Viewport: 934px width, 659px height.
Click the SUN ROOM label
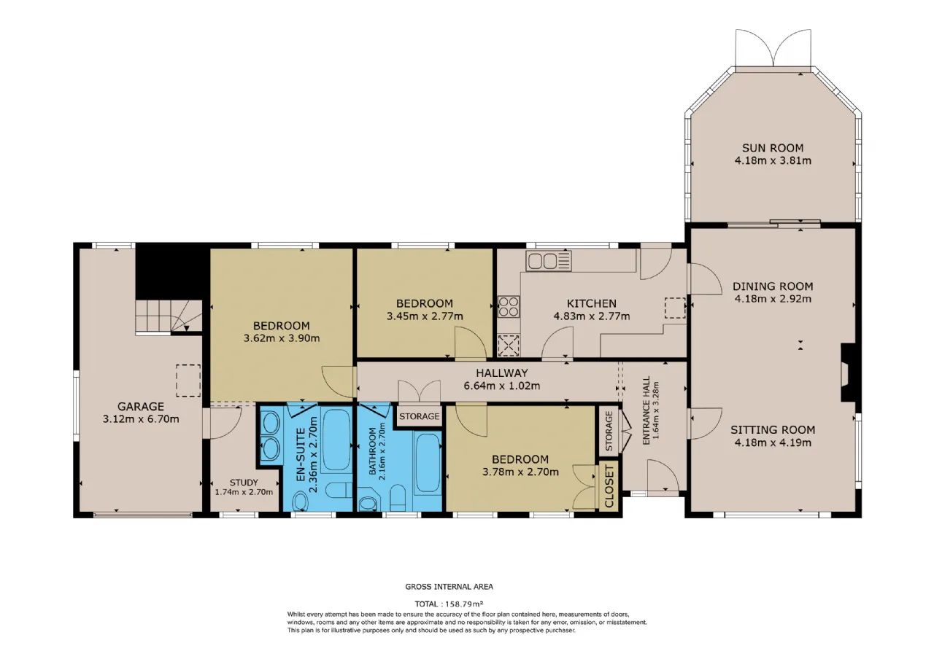pos(773,148)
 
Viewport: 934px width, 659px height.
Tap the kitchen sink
pos(548,261)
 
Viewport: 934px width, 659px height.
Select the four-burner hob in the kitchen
pos(509,307)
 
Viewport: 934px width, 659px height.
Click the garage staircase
pos(169,316)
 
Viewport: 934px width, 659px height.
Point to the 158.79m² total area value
pos(464,604)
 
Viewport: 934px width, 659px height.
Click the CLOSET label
pos(609,486)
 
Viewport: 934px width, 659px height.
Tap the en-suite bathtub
pos(336,440)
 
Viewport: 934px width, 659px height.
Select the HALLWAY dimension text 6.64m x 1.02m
pos(501,386)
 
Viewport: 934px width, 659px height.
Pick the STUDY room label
pos(244,483)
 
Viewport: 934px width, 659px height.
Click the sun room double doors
pos(773,48)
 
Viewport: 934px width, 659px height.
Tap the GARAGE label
pos(141,406)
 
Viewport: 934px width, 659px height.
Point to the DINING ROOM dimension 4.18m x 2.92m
pos(773,299)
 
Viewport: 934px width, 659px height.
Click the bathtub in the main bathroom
pos(428,463)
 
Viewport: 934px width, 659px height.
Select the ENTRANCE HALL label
pos(647,410)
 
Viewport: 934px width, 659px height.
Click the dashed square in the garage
pos(188,381)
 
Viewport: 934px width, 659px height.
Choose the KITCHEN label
pos(591,303)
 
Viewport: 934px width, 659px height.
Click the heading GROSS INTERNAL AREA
pos(449,587)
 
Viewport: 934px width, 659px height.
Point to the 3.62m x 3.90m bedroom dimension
pos(282,338)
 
